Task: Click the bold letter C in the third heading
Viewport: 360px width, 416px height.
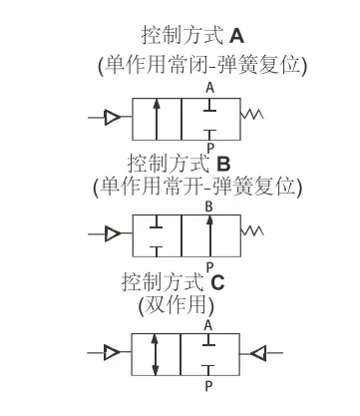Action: tap(217, 282)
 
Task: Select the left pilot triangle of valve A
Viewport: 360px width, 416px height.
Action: tap(113, 117)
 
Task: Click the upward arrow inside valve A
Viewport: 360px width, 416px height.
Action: tap(157, 118)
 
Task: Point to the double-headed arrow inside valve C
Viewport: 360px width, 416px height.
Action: tap(157, 353)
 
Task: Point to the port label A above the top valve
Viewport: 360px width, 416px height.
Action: tap(209, 88)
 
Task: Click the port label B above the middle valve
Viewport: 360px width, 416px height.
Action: tap(208, 207)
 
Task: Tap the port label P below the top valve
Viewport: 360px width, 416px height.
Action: tap(209, 148)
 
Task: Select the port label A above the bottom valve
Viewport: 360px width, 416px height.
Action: tap(208, 325)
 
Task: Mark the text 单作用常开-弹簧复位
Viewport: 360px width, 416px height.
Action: tap(195, 186)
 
